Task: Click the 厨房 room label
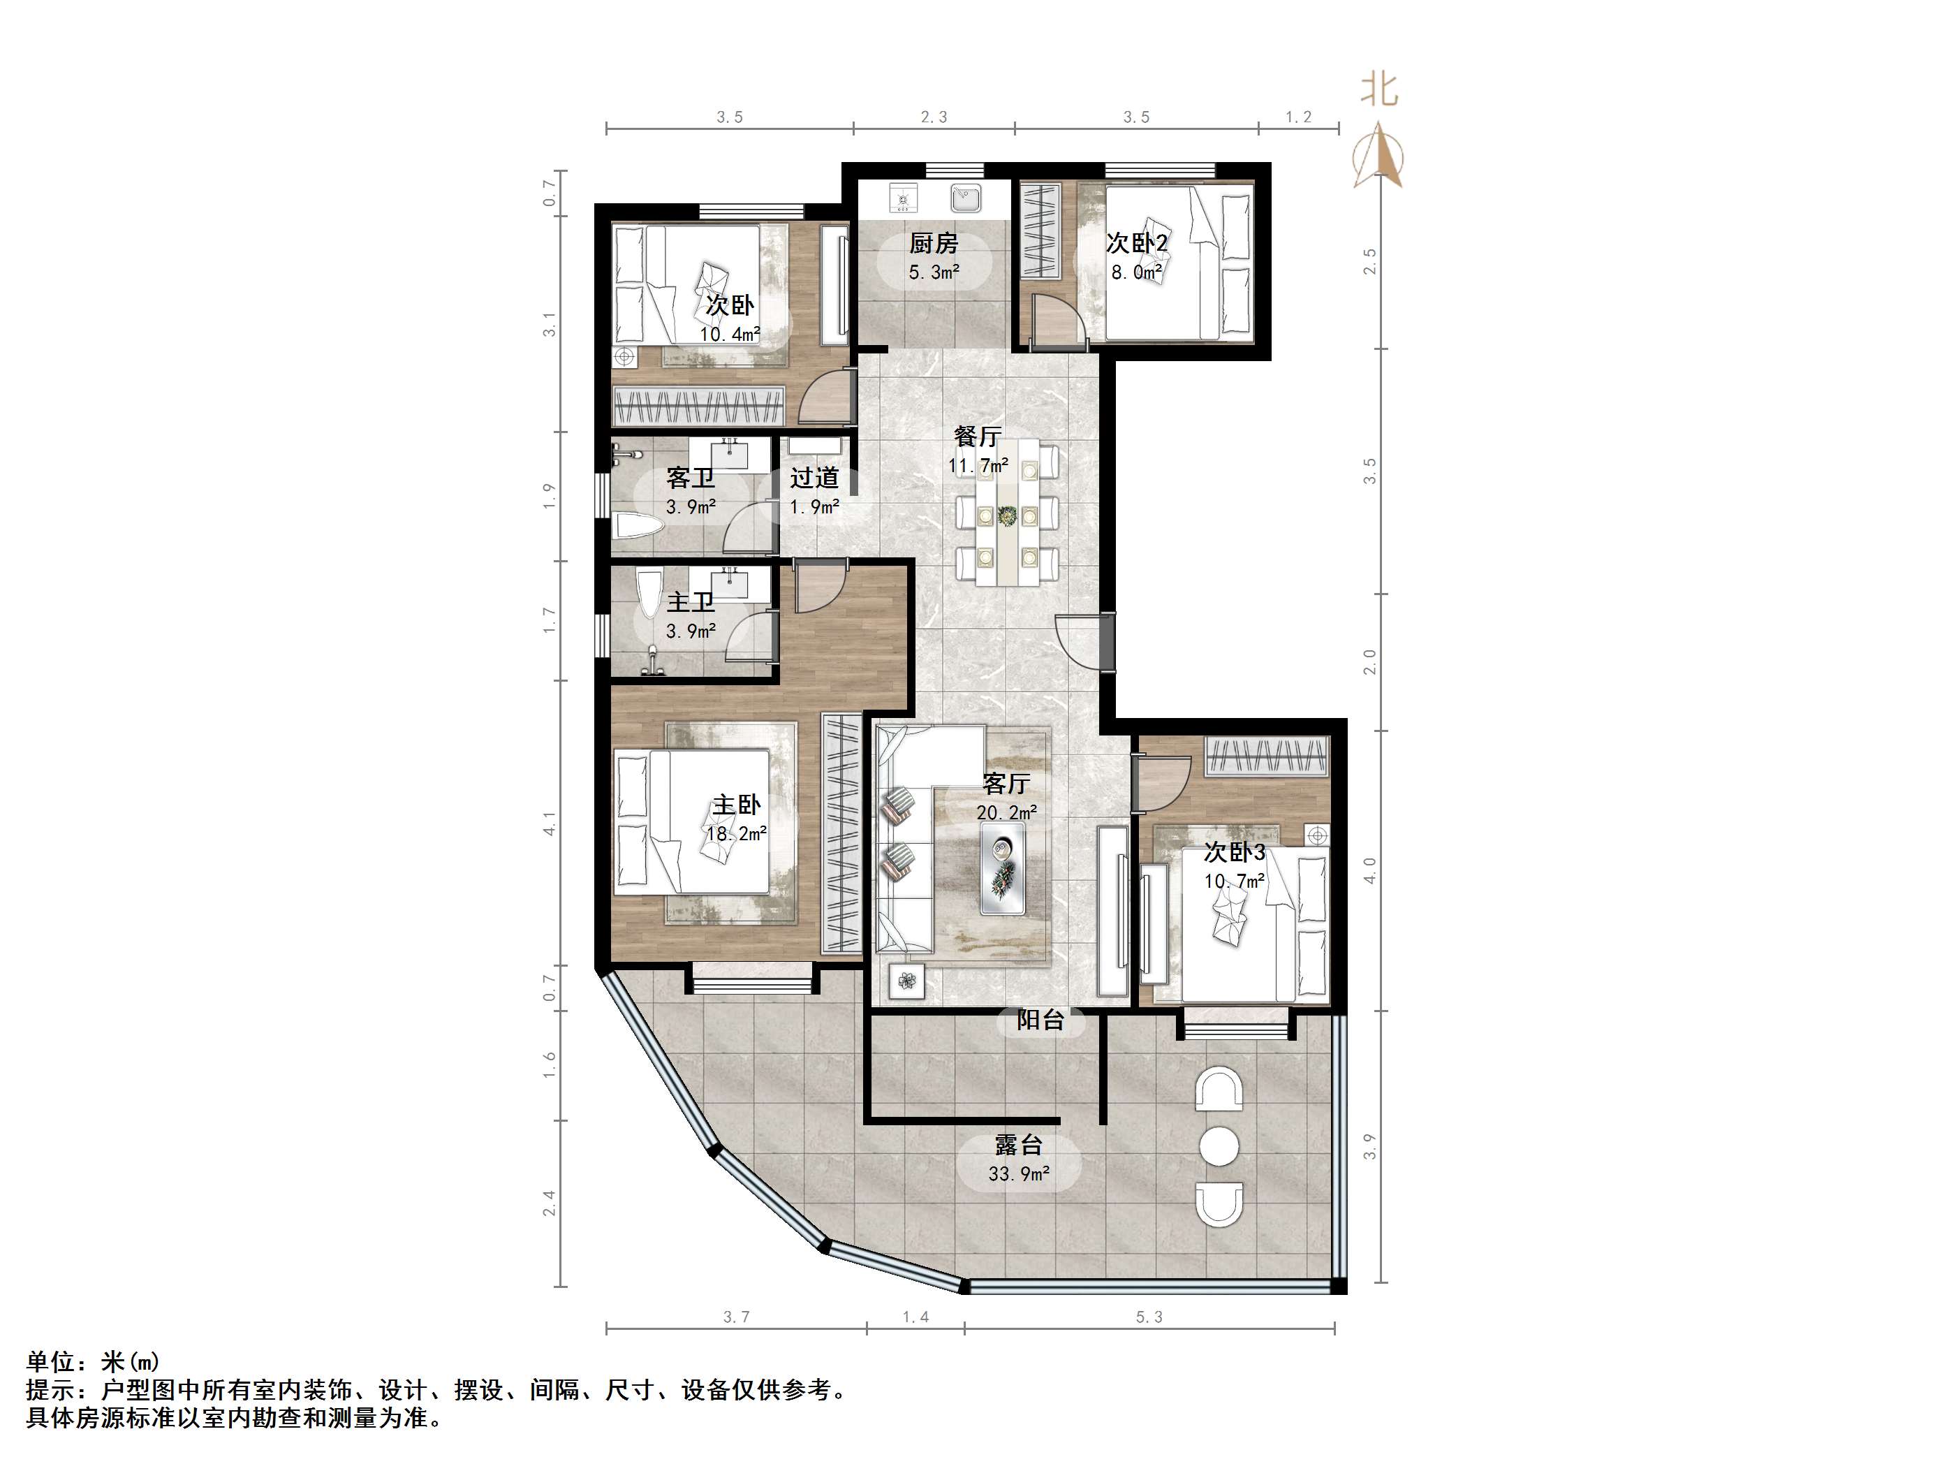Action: (933, 242)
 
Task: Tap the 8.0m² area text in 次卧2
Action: (1136, 272)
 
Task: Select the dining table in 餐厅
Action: (1007, 513)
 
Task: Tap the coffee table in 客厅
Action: (1003, 867)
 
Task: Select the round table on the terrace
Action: (1219, 1146)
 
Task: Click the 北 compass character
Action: (1379, 89)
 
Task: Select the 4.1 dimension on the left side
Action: (550, 823)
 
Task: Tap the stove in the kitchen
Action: (902, 197)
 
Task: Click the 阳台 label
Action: (1040, 1020)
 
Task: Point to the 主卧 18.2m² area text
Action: (737, 833)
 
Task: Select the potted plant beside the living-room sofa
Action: (906, 981)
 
